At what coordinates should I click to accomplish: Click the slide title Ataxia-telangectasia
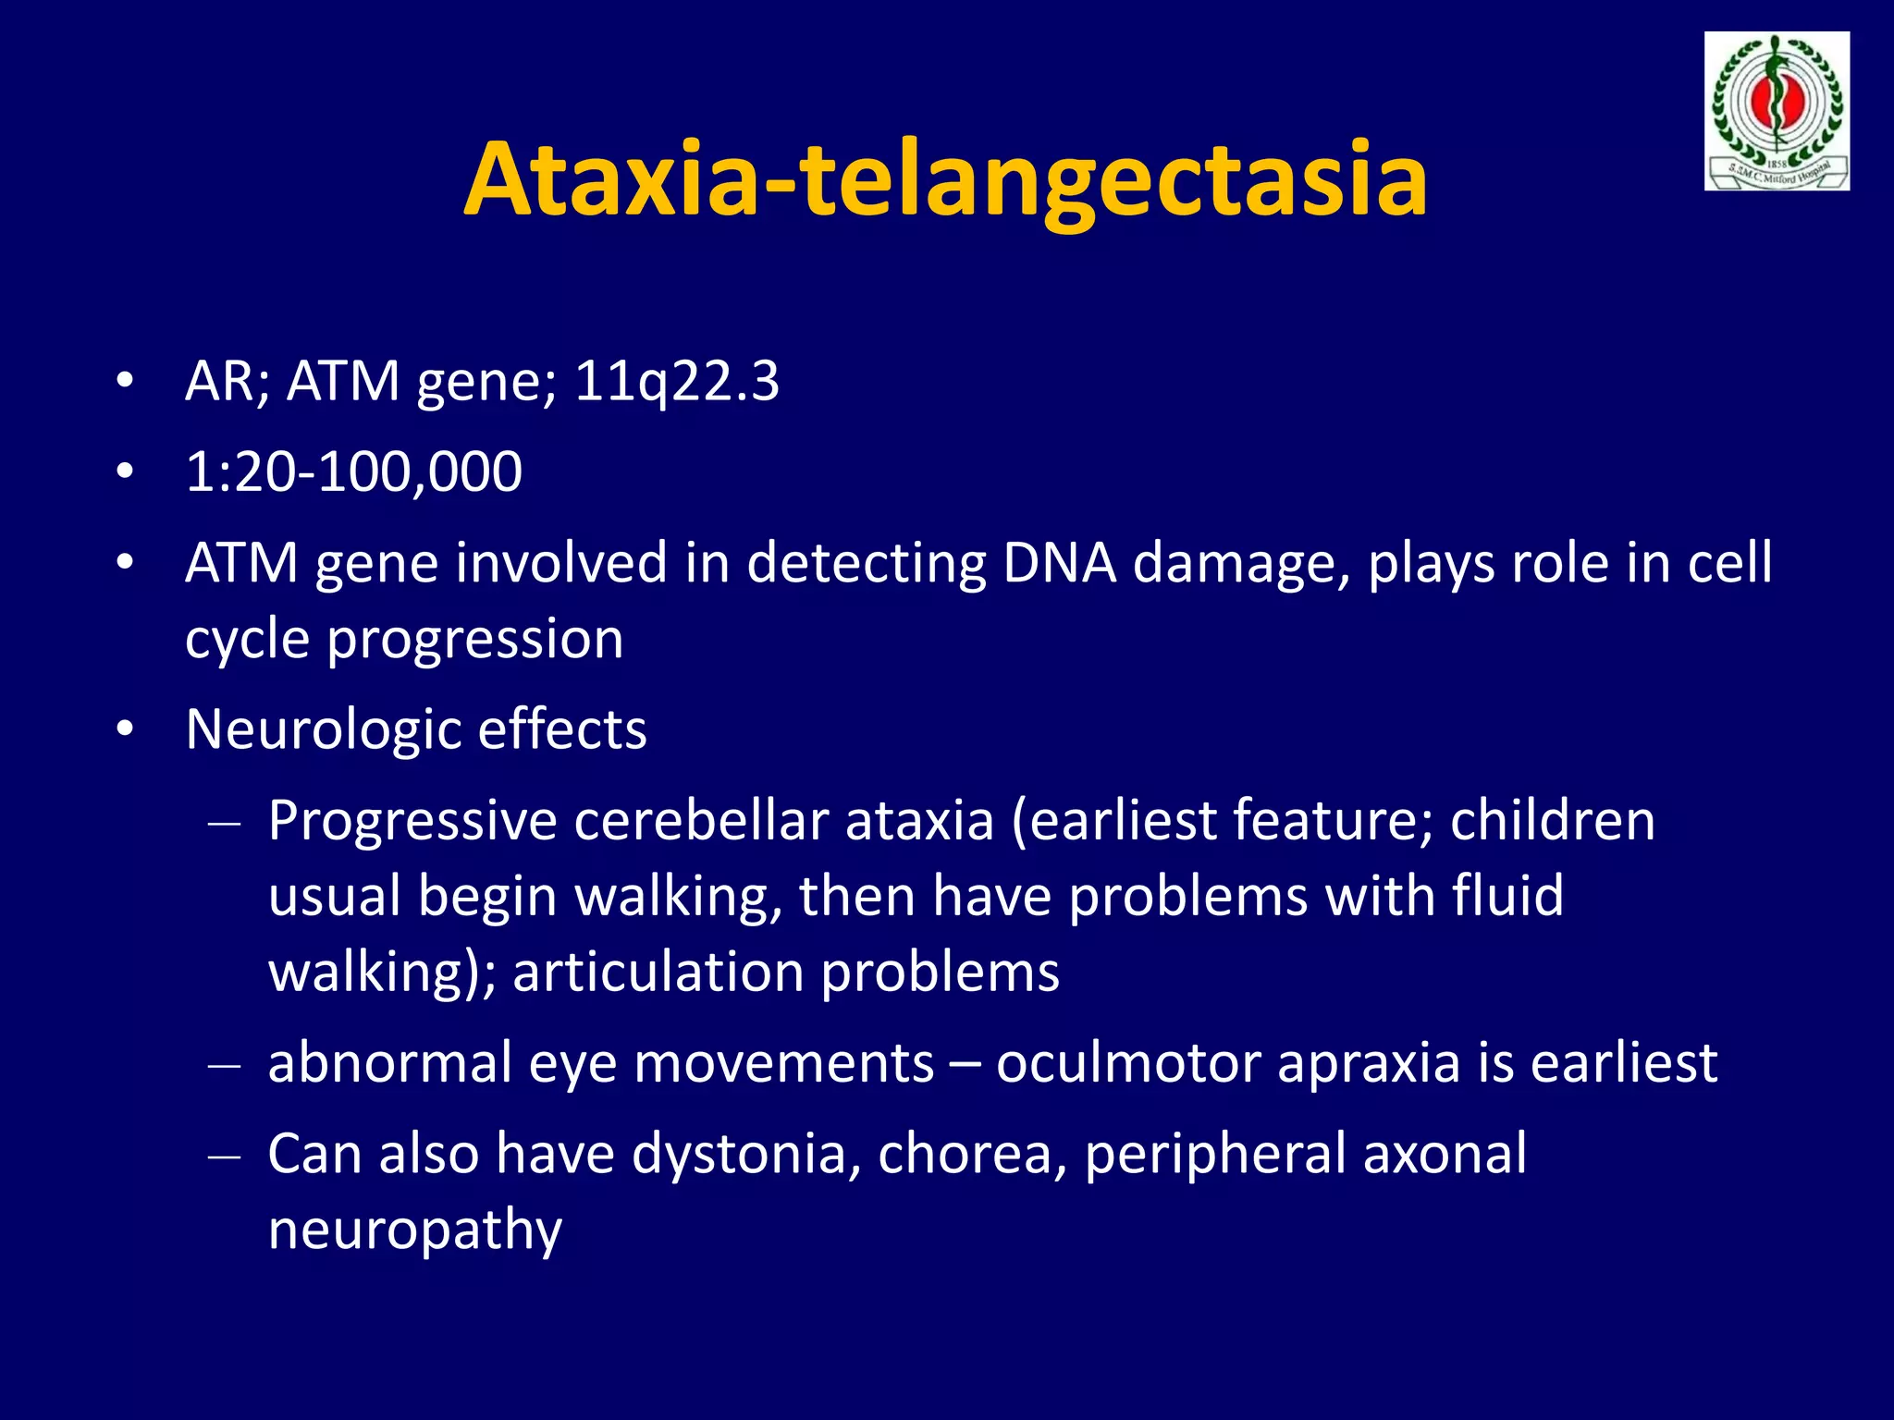coord(945,180)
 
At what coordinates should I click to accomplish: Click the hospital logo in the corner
coord(1776,112)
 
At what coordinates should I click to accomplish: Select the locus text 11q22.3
coord(676,381)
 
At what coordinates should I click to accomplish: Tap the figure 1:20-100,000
coord(353,471)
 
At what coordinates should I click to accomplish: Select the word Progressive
coord(412,822)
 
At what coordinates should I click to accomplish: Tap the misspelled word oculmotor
coord(1127,1063)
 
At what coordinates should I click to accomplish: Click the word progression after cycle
coord(475,640)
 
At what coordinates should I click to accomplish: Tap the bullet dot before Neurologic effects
coord(125,730)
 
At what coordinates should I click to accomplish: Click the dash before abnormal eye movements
coord(225,1066)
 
